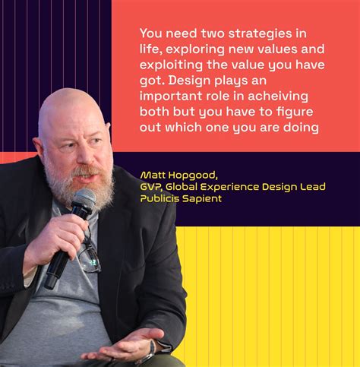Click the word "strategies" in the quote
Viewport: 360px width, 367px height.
click(x=260, y=34)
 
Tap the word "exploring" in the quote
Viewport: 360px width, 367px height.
click(x=195, y=49)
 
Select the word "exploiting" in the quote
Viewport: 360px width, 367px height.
click(x=171, y=65)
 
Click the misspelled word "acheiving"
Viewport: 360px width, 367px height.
click(x=278, y=96)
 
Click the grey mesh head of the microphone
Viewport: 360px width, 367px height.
click(x=84, y=199)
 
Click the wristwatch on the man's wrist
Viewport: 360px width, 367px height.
click(x=152, y=349)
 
